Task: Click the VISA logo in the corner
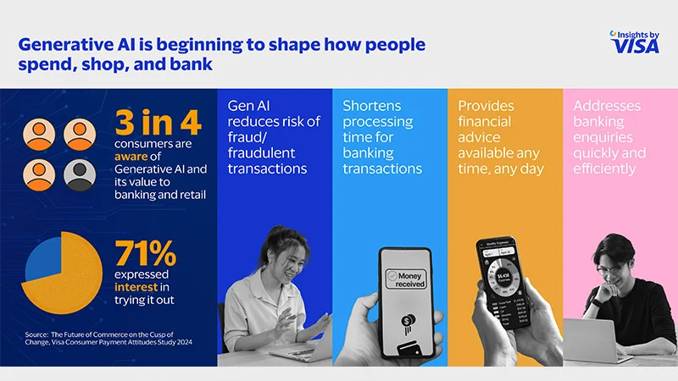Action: tap(635, 44)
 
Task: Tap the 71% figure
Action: tap(147, 253)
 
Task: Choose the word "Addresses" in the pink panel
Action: tap(607, 107)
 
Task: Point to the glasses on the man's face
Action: tap(618, 270)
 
